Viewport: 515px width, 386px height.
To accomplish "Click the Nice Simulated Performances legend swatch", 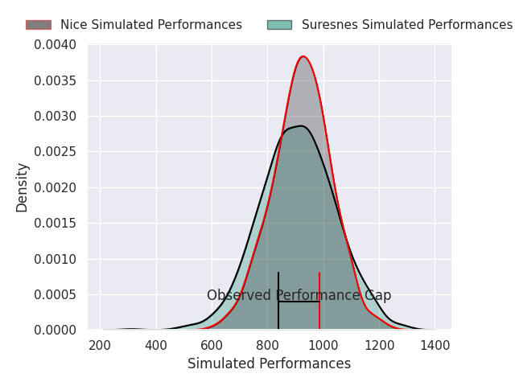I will coord(38,25).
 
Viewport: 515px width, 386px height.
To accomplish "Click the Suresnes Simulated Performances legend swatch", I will coord(279,25).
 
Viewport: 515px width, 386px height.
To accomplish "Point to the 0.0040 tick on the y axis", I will coord(56,45).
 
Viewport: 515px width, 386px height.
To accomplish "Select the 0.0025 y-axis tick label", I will coord(56,152).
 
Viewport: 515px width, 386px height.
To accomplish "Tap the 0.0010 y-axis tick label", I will coord(56,259).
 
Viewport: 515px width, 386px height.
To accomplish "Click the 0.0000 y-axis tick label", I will coord(56,331).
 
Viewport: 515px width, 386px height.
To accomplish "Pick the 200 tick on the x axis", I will coord(101,346).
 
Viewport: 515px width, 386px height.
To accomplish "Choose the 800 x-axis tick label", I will coord(268,346).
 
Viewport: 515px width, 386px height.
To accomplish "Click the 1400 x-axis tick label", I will coord(435,346).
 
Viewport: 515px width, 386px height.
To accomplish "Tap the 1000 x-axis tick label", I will coord(323,346).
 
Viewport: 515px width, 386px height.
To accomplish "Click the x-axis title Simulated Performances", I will coord(269,363).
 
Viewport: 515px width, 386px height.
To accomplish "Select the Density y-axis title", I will coord(23,187).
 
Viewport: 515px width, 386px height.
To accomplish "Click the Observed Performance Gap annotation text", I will coord(299,295).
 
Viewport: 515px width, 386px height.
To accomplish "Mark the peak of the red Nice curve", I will coord(303,56).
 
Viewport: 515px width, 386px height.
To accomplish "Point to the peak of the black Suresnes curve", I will coord(300,125).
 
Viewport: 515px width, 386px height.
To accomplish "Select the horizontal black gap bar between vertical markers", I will coord(299,302).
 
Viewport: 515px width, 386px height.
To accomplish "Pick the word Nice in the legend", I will coord(73,25).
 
